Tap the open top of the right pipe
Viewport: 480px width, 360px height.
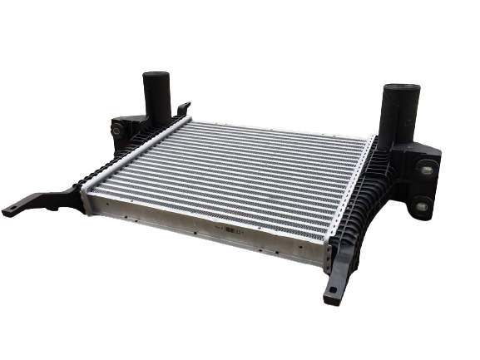395,88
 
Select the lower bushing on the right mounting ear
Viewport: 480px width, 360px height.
423,205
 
